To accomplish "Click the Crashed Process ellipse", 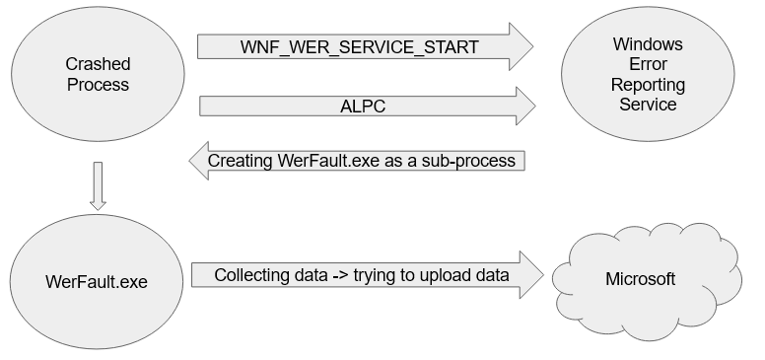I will click(98, 75).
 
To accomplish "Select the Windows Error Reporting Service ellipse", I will click(647, 74).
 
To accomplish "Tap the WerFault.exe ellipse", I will click(98, 281).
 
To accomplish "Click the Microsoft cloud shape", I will click(640, 279).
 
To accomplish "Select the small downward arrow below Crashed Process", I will click(97, 187).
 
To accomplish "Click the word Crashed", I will click(98, 64).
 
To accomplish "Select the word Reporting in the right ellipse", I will click(647, 85).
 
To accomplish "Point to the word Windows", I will click(647, 43).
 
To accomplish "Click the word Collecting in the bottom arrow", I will click(253, 275).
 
